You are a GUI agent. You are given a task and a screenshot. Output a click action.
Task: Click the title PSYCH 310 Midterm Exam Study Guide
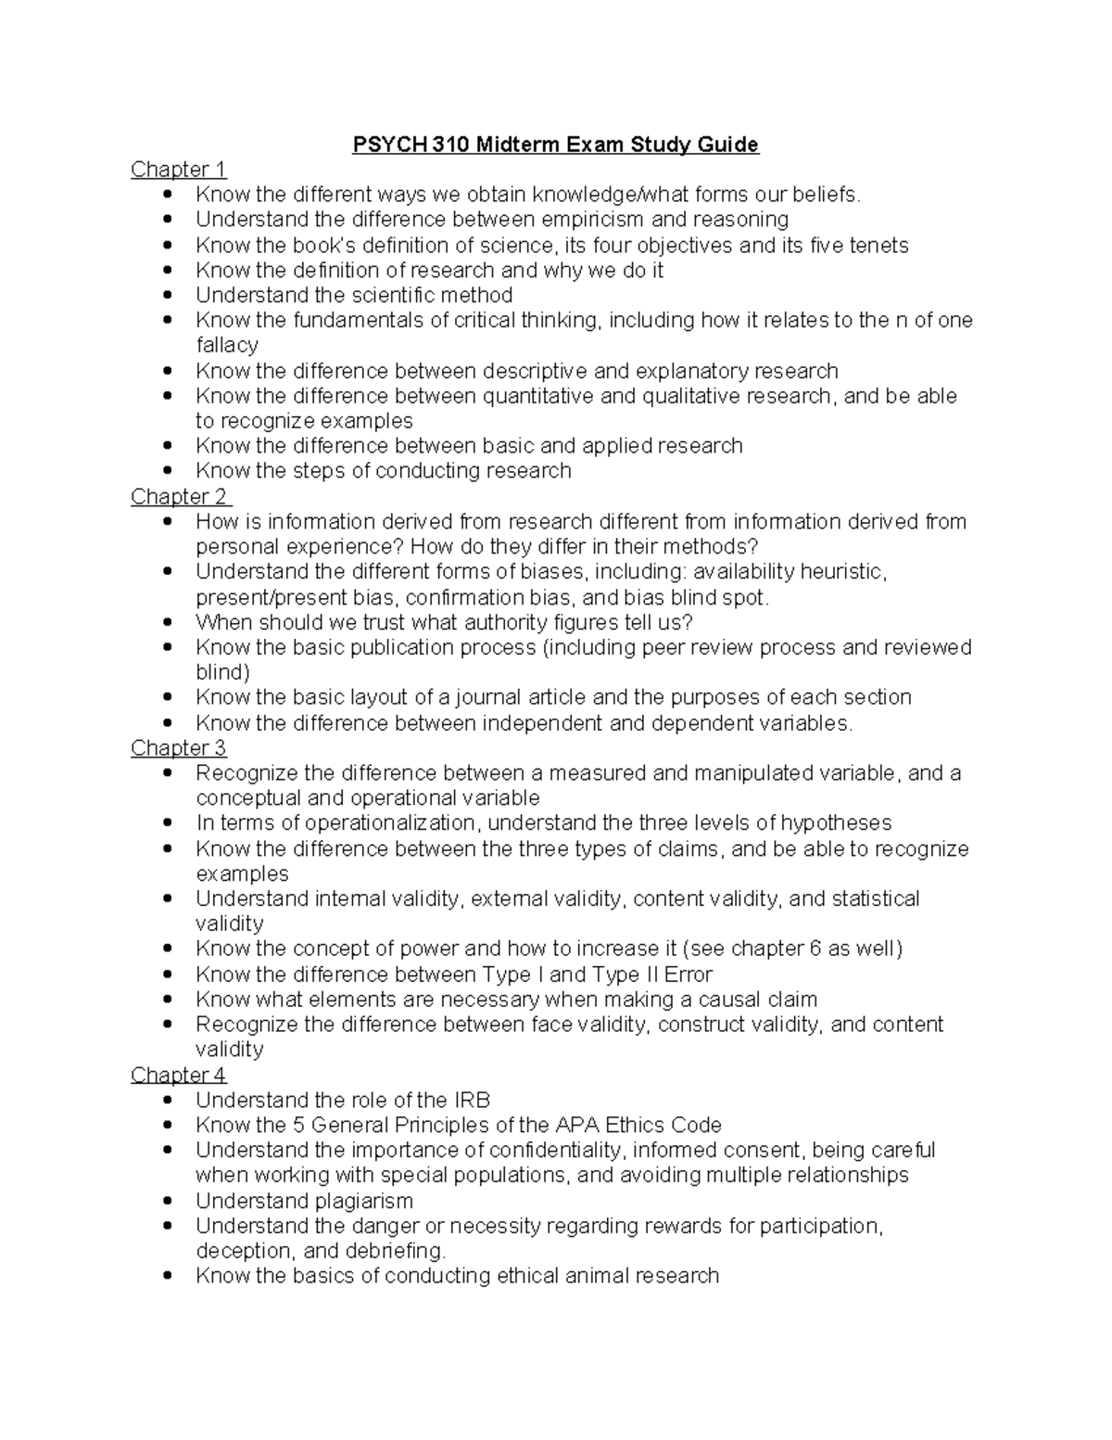coord(555,145)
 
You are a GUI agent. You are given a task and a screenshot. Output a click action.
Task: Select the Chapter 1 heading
coord(178,170)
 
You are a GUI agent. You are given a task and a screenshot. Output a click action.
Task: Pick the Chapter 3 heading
coord(178,748)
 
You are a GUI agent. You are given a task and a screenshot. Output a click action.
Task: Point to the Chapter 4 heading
coord(178,1076)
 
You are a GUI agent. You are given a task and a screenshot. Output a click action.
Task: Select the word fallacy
coord(227,345)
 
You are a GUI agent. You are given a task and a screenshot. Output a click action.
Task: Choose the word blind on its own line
coord(222,672)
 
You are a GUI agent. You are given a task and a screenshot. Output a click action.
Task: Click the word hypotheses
coord(836,823)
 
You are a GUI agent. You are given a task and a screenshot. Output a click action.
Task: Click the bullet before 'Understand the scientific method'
coord(167,296)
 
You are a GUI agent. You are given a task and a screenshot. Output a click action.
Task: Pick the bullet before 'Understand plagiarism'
coord(167,1202)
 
